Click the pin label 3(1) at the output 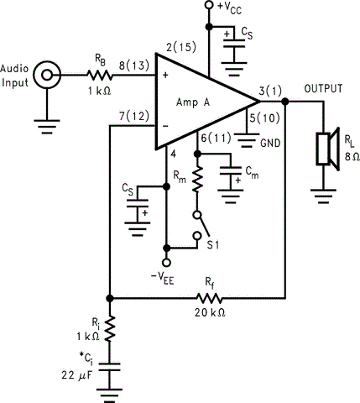(x=270, y=87)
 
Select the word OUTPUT (x=323, y=88)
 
